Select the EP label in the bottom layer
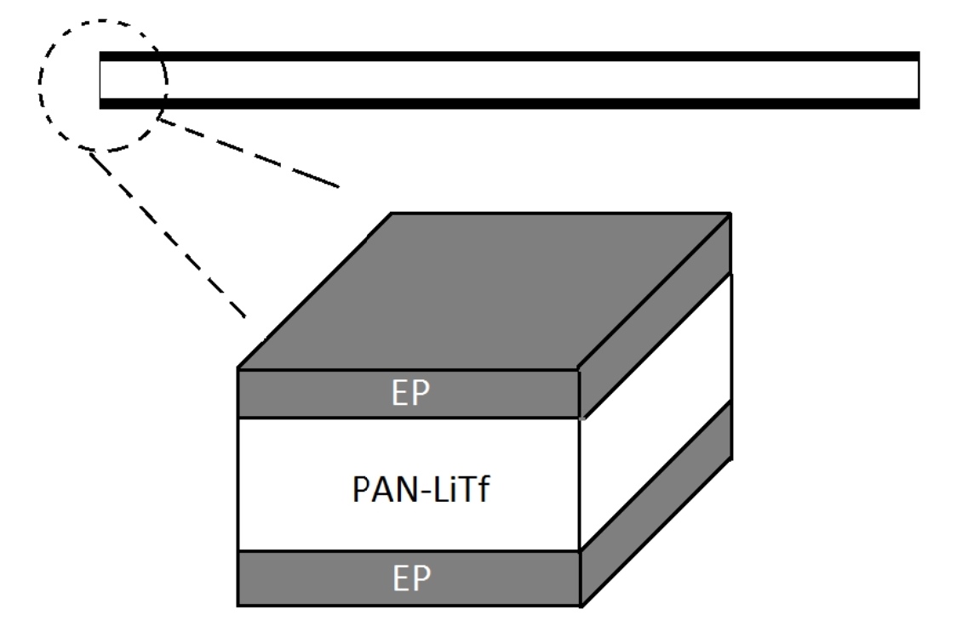409,579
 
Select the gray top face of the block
485,289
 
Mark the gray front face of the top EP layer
324,394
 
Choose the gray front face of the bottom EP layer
324,578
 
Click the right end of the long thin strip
918,80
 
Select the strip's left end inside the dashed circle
102,80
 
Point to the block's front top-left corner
238,369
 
